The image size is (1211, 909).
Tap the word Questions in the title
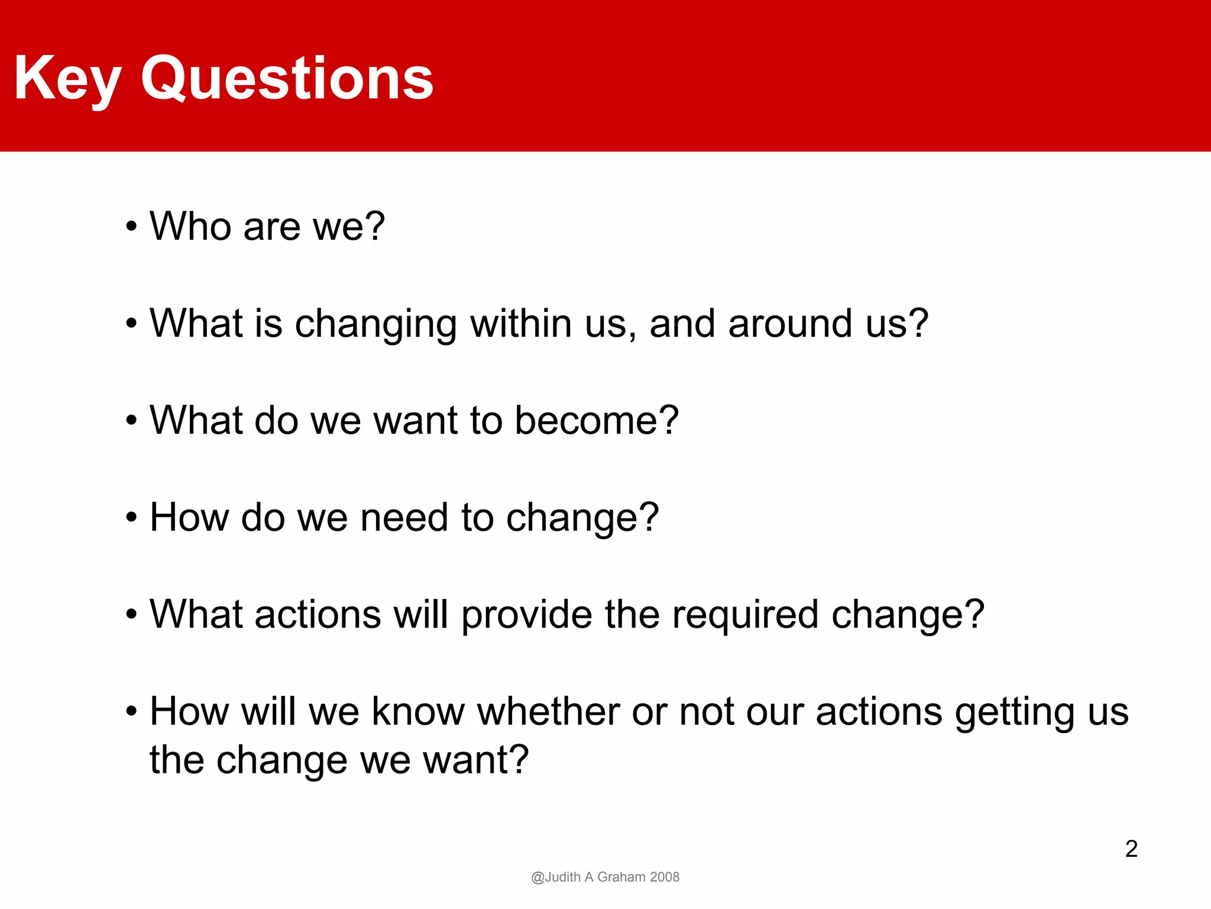[x=287, y=79]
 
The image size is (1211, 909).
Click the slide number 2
[x=1131, y=849]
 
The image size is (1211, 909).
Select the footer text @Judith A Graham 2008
[x=605, y=877]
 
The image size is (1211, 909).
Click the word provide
[x=526, y=615]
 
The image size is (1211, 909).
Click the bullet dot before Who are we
[x=131, y=227]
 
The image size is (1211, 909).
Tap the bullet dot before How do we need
[x=131, y=518]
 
